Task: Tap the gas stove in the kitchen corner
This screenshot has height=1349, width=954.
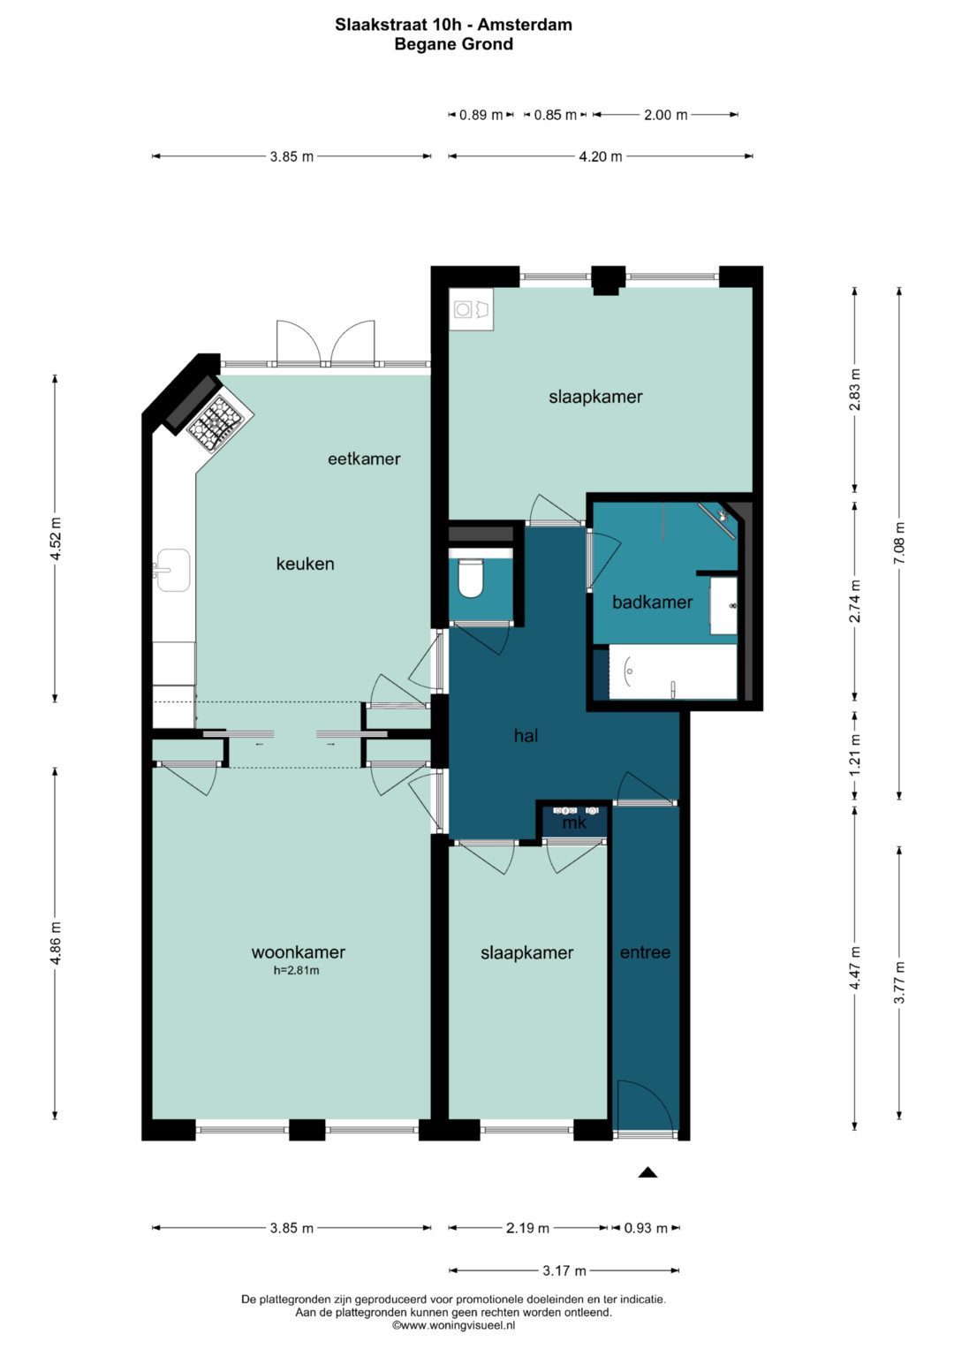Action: pyautogui.click(x=220, y=423)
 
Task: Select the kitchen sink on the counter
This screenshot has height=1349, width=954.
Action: pyautogui.click(x=173, y=570)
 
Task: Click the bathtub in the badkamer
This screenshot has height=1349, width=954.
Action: pyautogui.click(x=673, y=671)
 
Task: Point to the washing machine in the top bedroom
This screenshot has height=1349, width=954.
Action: pyautogui.click(x=470, y=309)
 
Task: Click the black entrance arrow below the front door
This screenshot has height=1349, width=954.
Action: pyautogui.click(x=647, y=1171)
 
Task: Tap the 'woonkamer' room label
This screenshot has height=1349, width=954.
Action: pyautogui.click(x=299, y=952)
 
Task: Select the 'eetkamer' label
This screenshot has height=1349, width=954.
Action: pyautogui.click(x=364, y=459)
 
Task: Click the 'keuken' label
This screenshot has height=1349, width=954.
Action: pyautogui.click(x=305, y=564)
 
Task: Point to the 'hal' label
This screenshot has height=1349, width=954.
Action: pyautogui.click(x=526, y=735)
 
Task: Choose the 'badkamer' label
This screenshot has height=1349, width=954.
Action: pyautogui.click(x=652, y=602)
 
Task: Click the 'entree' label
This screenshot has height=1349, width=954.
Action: pyautogui.click(x=645, y=952)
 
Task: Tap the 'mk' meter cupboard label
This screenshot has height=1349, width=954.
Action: pyautogui.click(x=574, y=822)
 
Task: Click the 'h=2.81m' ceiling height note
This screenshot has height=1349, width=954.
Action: pyautogui.click(x=296, y=971)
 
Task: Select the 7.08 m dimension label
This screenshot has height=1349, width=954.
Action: pyautogui.click(x=899, y=542)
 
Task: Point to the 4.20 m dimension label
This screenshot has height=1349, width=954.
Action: pyautogui.click(x=600, y=156)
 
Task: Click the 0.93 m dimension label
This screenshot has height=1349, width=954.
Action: pyautogui.click(x=646, y=1228)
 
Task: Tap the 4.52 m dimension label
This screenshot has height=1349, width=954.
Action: pyautogui.click(x=56, y=539)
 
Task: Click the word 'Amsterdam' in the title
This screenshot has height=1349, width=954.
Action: pyautogui.click(x=525, y=25)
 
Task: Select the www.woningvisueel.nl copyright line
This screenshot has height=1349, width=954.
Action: pyautogui.click(x=453, y=1325)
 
